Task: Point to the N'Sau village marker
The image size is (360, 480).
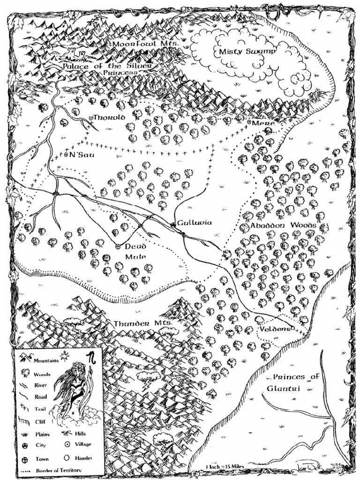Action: (x=66, y=154)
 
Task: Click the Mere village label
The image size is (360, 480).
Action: (x=262, y=122)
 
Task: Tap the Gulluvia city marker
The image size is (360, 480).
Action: (x=173, y=225)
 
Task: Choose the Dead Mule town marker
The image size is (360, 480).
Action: (x=118, y=247)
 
